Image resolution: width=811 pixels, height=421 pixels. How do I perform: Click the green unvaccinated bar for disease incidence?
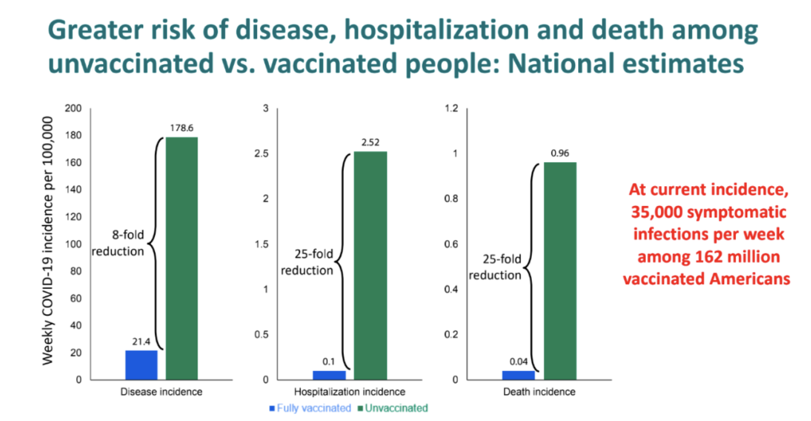[x=182, y=258]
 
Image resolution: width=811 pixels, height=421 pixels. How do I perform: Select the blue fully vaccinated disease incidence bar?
[x=141, y=365]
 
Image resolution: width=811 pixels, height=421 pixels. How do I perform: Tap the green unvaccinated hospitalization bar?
[x=371, y=266]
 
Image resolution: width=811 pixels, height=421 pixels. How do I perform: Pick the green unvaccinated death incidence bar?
[x=560, y=271]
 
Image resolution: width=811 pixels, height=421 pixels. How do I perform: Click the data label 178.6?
[x=182, y=127]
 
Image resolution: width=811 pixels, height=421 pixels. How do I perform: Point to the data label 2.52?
[x=371, y=141]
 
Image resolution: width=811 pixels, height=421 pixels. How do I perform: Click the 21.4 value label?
[x=141, y=342]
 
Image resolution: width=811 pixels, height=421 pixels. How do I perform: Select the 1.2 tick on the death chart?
[x=450, y=108]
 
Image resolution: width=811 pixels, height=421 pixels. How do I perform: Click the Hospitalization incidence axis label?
[x=350, y=392]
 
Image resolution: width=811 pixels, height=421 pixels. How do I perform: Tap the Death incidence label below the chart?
[x=539, y=392]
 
